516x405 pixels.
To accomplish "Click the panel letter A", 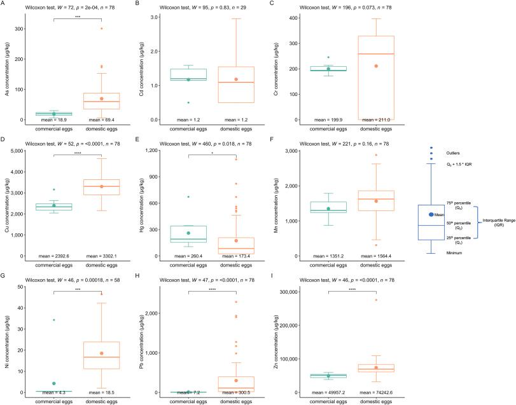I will [x=4, y=3].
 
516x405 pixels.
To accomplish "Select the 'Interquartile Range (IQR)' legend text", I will [x=499, y=221].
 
